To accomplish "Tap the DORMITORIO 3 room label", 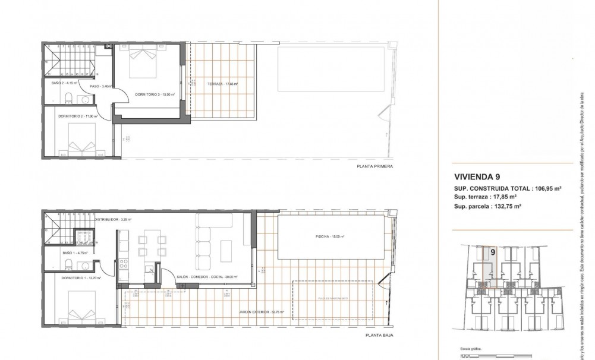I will (148, 94).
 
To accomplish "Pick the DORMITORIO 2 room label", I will (78, 116).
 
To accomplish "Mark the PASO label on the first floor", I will (99, 87).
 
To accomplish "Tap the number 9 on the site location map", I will (493, 252).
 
